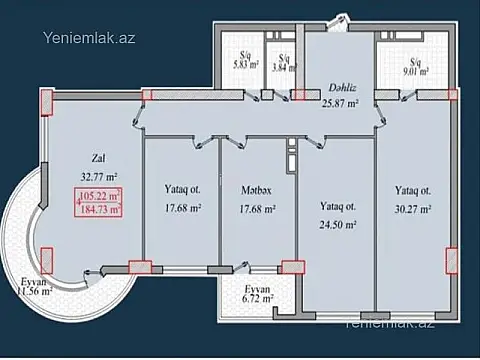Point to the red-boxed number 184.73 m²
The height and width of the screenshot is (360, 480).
[100, 209]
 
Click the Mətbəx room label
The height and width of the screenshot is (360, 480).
[257, 190]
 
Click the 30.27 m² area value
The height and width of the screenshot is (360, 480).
[412, 210]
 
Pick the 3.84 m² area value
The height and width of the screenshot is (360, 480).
[286, 69]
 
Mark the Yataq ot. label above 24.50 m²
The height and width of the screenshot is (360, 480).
[336, 206]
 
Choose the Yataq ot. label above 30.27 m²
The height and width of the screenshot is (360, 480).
[412, 190]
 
